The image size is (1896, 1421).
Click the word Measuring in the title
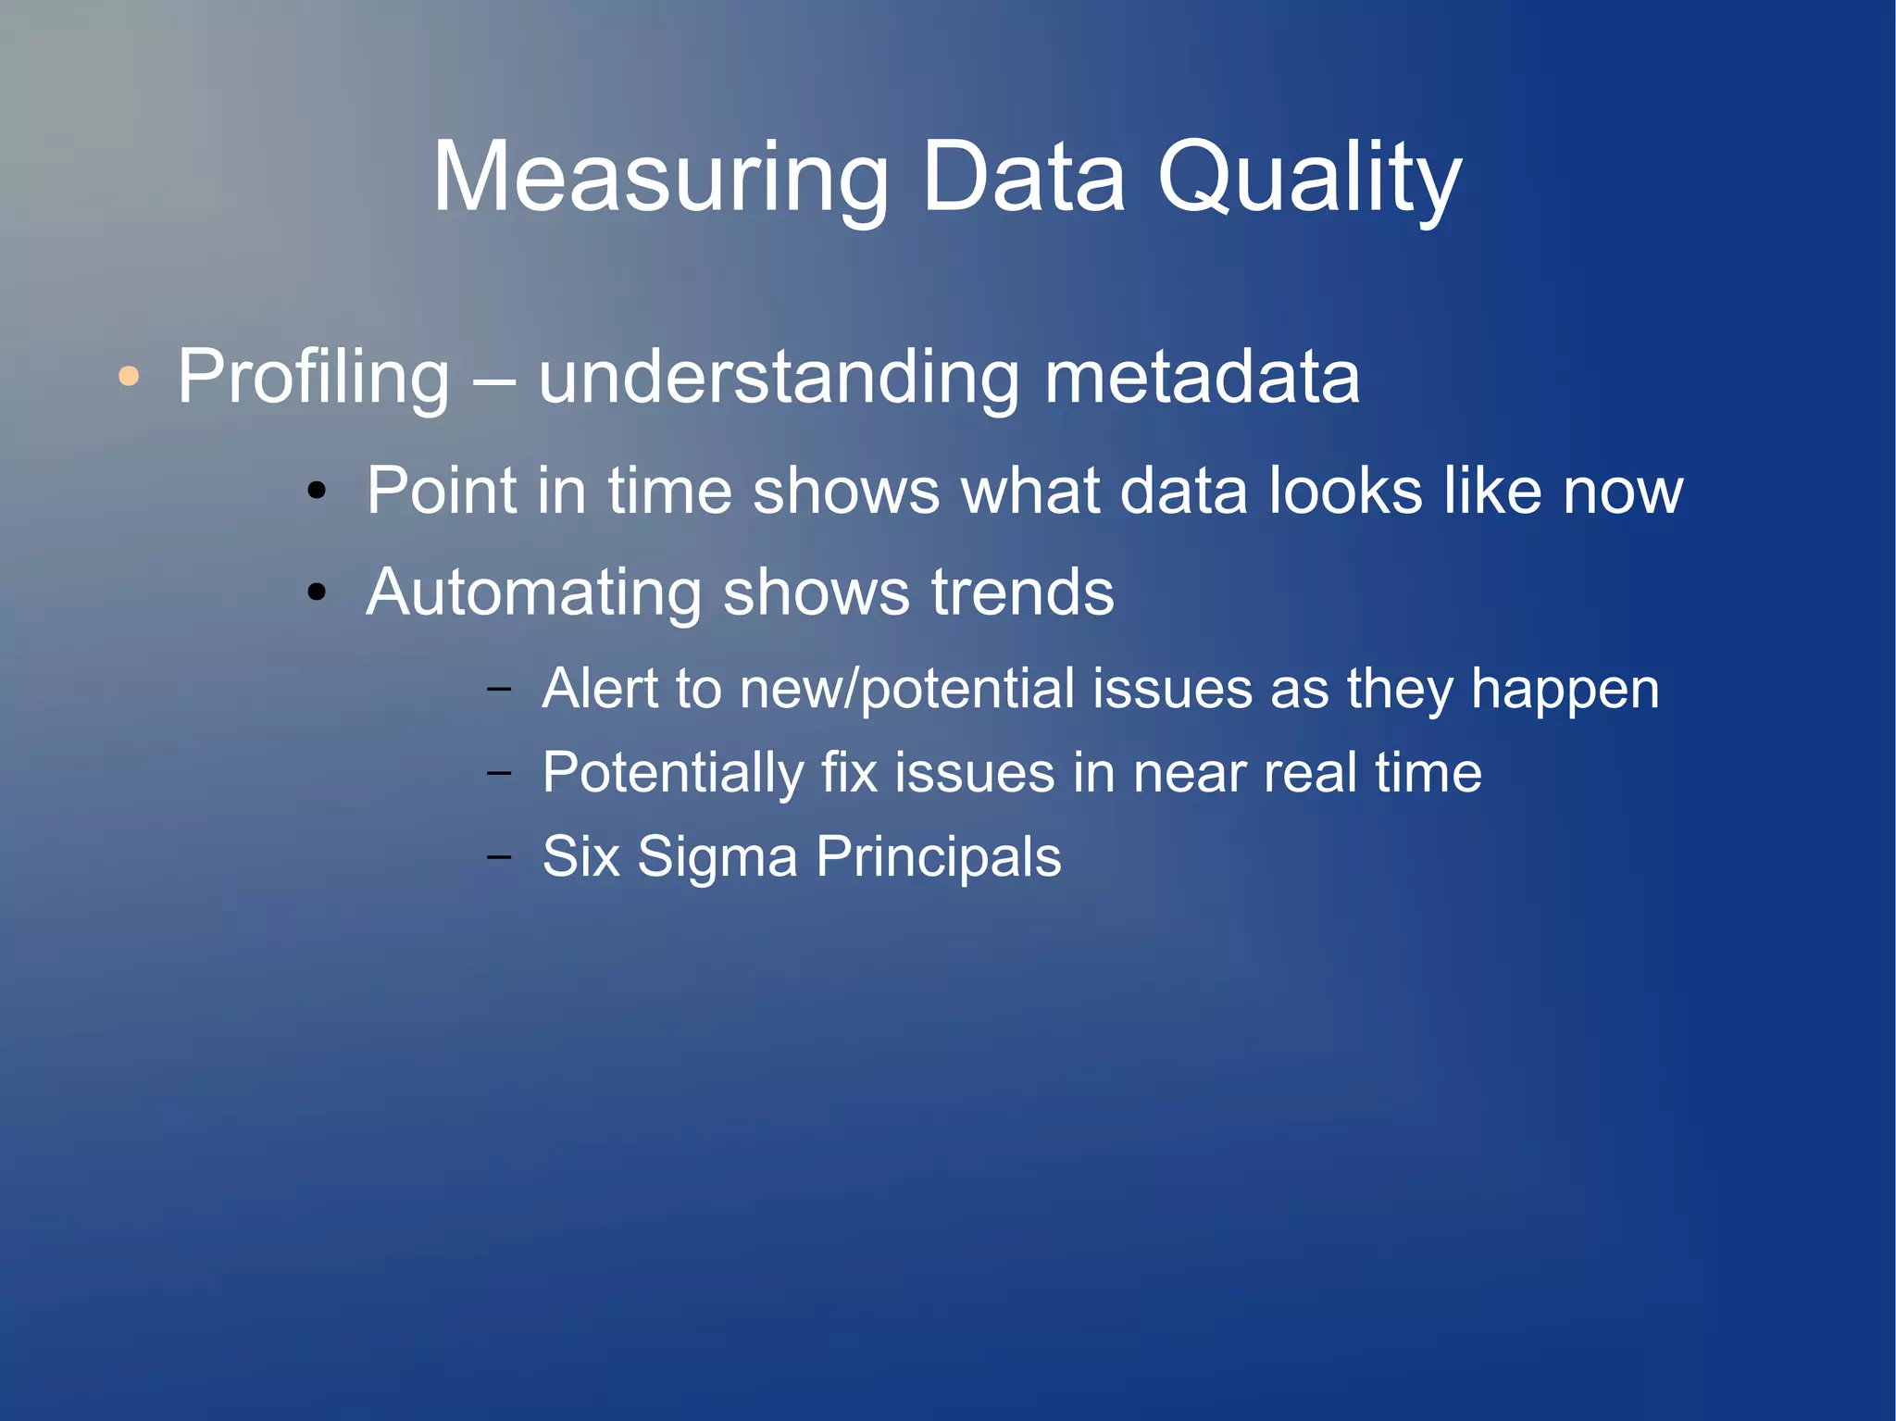click(660, 178)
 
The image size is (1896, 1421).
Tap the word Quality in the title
click(1309, 178)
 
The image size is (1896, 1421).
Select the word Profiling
click(313, 377)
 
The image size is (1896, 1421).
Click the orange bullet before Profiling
click(129, 376)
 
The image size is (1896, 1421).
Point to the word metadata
click(1202, 377)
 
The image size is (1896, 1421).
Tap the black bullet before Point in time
click(317, 491)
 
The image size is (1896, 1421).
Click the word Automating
click(533, 592)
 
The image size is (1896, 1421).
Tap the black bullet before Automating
click(317, 592)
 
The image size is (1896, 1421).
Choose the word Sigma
click(717, 857)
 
